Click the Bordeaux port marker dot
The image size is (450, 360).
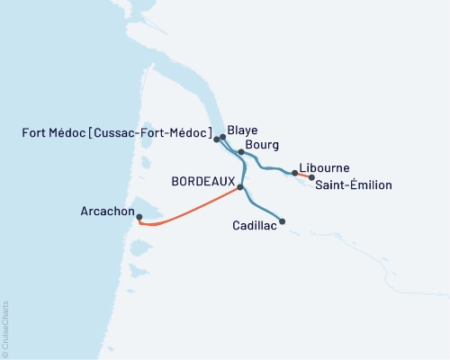(241, 187)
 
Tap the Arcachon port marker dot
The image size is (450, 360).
(139, 215)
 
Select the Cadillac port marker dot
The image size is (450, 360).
(283, 221)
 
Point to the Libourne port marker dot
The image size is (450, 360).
(295, 173)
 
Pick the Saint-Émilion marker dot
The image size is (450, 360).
(311, 177)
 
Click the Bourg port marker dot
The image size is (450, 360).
(241, 152)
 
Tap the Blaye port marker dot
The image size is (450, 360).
(222, 138)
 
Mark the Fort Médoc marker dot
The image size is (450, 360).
(217, 140)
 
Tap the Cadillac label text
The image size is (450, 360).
(254, 229)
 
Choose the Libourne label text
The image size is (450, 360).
(325, 168)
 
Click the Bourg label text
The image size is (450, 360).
(261, 145)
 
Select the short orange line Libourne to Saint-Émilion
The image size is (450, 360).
(303, 175)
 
